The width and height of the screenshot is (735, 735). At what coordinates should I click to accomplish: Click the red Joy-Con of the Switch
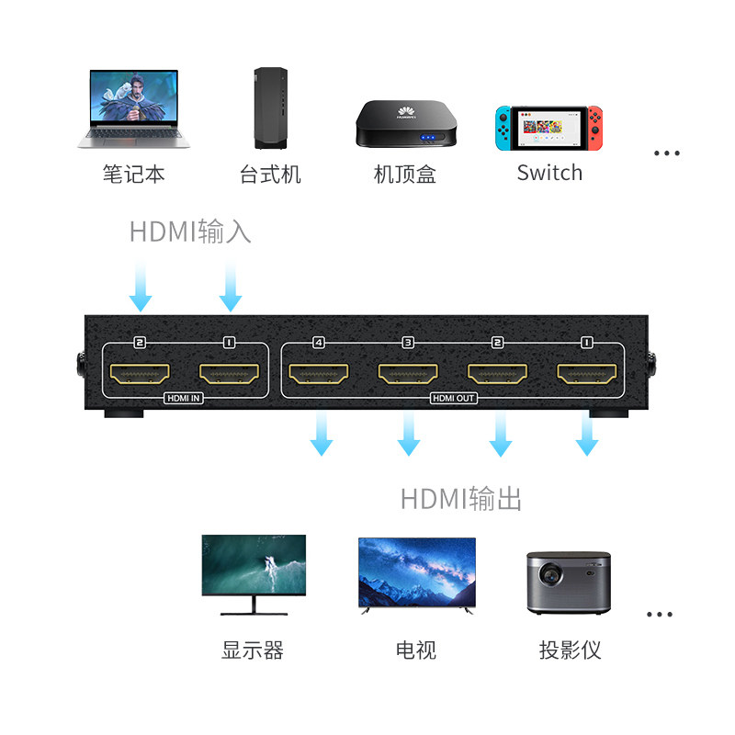point(595,129)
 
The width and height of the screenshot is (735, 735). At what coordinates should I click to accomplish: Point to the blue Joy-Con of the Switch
point(502,129)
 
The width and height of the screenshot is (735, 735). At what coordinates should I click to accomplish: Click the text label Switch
point(549,173)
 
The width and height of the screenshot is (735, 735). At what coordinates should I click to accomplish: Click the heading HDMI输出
point(461,499)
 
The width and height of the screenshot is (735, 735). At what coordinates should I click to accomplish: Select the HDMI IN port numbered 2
point(140,374)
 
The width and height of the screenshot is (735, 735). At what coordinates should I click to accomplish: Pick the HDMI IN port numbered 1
point(229,374)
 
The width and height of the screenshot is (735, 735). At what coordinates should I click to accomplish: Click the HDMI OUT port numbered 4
point(319,374)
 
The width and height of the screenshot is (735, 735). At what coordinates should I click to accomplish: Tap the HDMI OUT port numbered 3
point(408,374)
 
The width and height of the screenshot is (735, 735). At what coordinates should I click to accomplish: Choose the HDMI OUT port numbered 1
point(586,374)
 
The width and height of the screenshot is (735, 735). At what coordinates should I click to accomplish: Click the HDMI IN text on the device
point(184,399)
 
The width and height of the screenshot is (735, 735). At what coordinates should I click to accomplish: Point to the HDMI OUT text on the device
point(452,399)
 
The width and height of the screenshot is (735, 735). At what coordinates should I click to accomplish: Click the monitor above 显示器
point(254,571)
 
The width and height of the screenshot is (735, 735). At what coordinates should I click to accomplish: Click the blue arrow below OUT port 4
point(321,433)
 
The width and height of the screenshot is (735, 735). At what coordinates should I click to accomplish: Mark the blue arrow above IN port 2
point(141,286)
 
